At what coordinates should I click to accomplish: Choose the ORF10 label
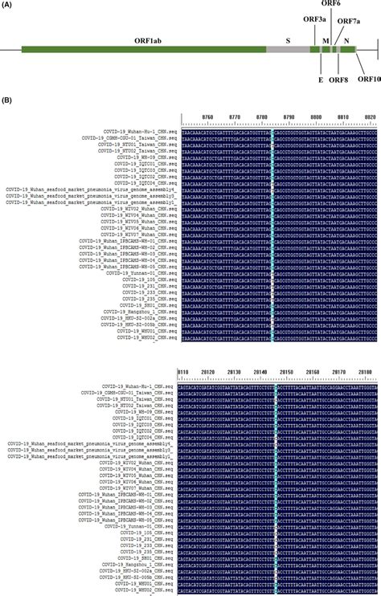pos(368,80)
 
